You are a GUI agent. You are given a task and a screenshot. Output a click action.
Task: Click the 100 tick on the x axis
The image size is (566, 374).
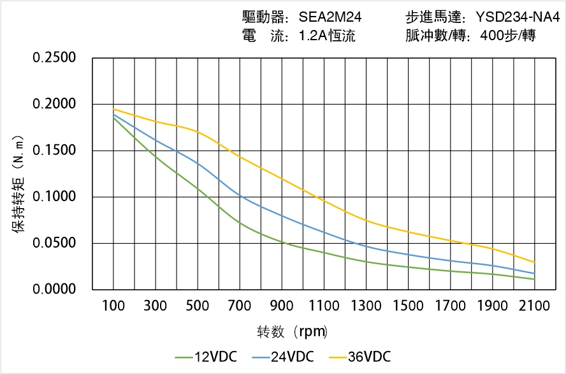click(x=113, y=306)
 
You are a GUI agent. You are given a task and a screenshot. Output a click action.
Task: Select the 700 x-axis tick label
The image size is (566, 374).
click(x=240, y=306)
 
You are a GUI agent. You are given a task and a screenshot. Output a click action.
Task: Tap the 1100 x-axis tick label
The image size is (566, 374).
click(x=324, y=306)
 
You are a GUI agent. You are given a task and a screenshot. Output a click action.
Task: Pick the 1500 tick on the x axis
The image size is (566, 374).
click(x=408, y=306)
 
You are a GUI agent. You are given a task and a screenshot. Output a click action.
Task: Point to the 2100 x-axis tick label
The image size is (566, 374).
click(x=534, y=306)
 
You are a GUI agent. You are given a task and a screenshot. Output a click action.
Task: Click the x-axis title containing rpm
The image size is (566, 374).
click(x=293, y=332)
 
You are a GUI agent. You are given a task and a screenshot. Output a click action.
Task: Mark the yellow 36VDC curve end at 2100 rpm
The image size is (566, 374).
click(x=534, y=262)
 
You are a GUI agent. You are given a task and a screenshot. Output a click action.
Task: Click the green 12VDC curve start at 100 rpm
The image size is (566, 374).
click(x=113, y=117)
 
